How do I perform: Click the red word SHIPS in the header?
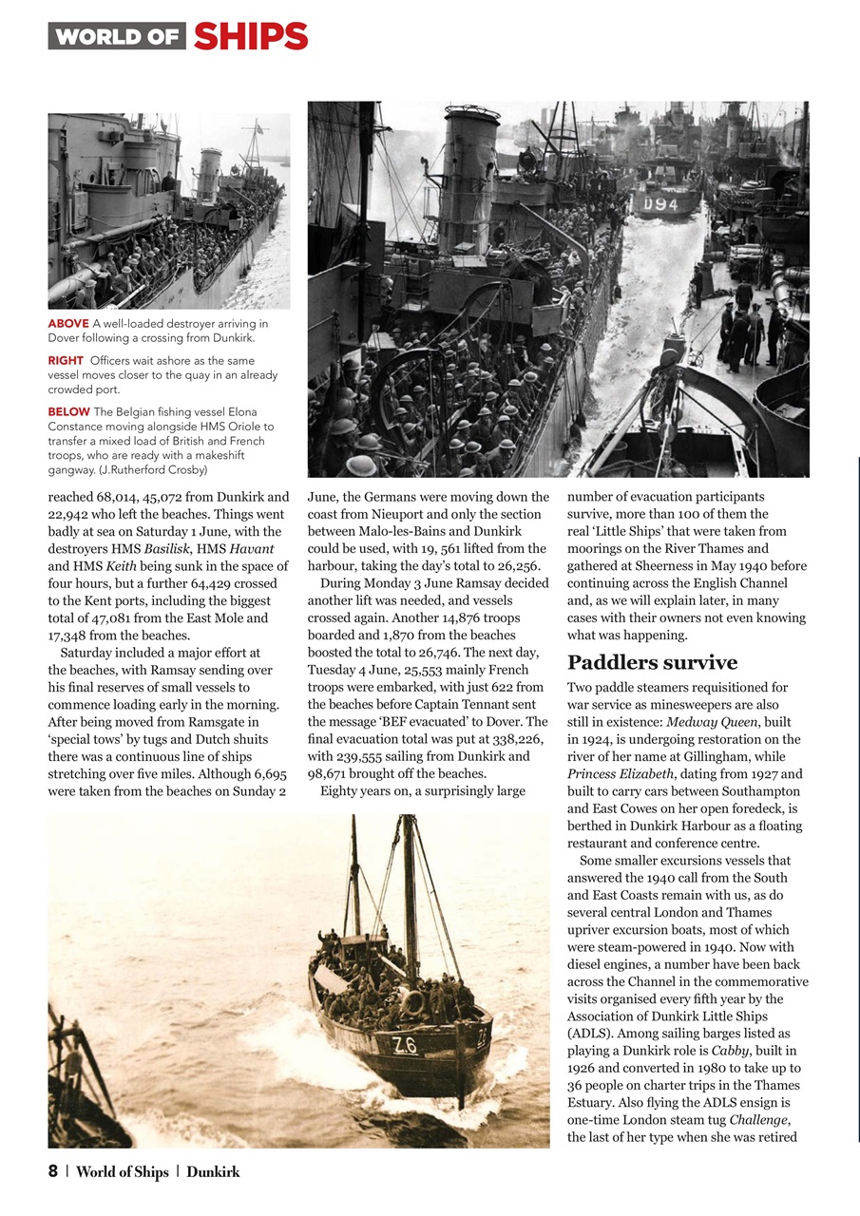[x=250, y=37]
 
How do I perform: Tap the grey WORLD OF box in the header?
[x=117, y=37]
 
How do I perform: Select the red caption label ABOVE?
[x=69, y=324]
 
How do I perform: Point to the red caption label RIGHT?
[x=67, y=361]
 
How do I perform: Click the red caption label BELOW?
[x=69, y=411]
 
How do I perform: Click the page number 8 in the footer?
[x=53, y=1172]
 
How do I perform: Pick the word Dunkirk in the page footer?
[x=213, y=1172]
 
